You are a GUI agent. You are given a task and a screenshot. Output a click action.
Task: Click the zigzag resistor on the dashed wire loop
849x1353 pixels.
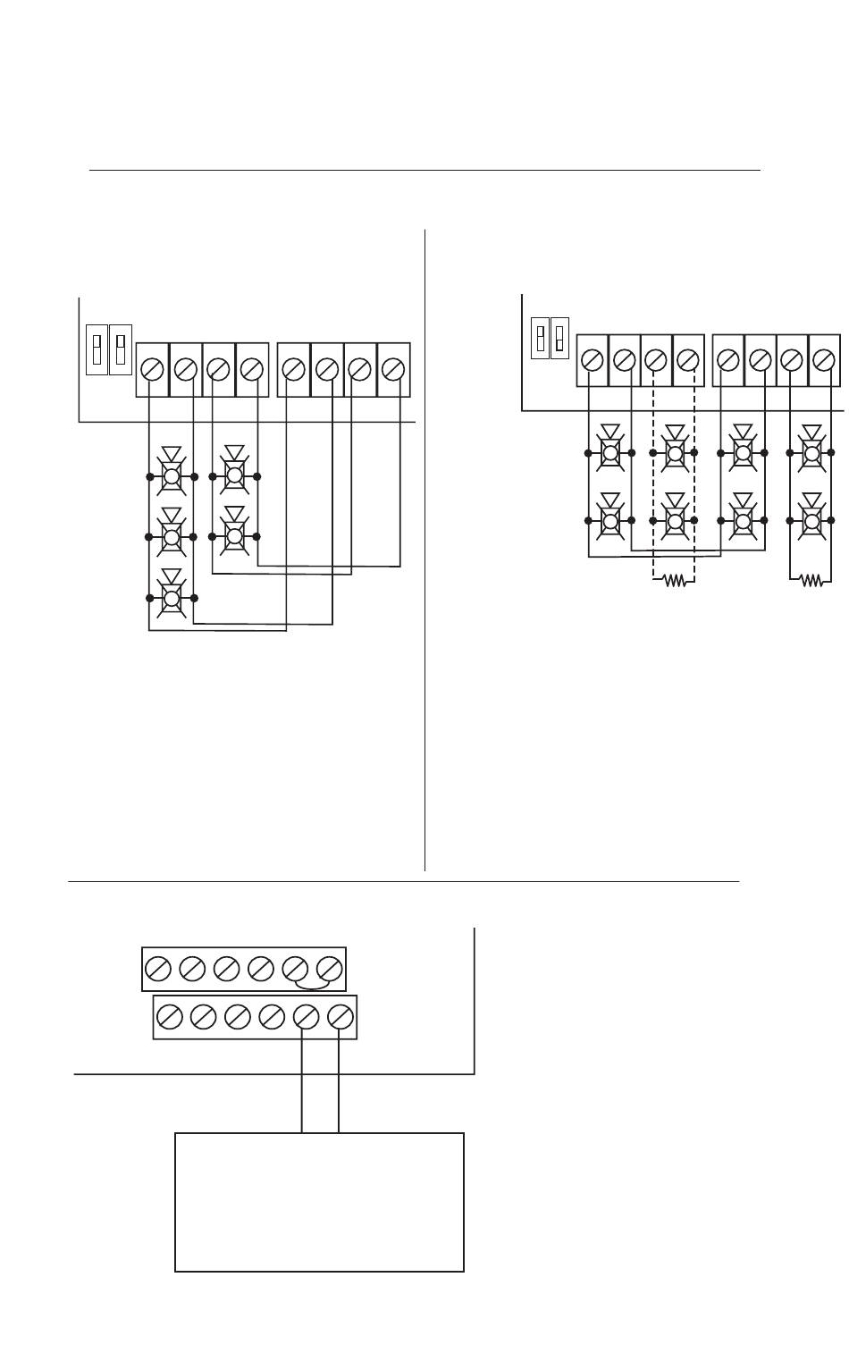[675, 581]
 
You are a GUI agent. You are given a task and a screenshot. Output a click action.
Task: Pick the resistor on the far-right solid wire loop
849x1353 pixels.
[811, 581]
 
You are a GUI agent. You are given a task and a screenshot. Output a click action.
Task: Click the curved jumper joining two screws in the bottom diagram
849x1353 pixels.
[313, 984]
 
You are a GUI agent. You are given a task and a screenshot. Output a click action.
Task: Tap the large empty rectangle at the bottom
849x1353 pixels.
[319, 1202]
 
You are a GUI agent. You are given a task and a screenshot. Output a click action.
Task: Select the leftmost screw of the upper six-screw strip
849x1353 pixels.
[158, 969]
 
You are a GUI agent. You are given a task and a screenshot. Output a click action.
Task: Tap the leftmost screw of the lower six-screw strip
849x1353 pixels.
[170, 1017]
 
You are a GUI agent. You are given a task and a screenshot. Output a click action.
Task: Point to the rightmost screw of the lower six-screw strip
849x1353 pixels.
[340, 1017]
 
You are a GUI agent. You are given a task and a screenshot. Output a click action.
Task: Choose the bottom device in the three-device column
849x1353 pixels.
[172, 596]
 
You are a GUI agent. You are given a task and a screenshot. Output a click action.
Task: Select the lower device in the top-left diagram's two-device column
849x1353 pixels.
[234, 534]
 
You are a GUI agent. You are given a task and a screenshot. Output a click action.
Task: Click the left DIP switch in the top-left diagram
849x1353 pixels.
[97, 349]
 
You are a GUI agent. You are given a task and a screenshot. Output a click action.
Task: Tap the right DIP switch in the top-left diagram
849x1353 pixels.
[120, 349]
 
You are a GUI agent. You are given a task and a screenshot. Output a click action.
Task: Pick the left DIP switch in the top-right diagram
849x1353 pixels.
[539, 338]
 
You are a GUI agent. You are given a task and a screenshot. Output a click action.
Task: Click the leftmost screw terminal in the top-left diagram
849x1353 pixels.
[153, 368]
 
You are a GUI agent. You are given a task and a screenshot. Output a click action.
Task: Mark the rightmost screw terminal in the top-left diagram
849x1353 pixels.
[393, 368]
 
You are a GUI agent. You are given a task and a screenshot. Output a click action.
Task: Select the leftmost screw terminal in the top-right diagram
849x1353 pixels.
[592, 360]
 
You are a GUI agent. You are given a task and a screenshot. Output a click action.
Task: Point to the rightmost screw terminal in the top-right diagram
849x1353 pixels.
[824, 360]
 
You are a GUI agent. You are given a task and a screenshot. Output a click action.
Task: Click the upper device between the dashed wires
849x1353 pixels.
[675, 451]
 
